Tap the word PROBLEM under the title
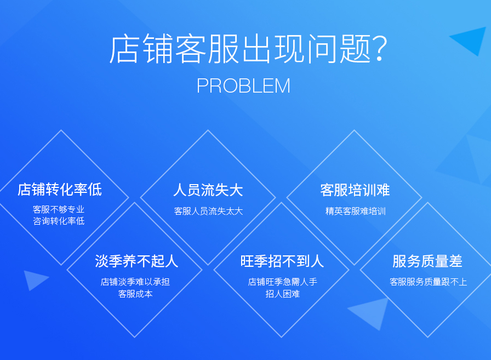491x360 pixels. click(x=243, y=86)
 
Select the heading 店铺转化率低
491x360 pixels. click(x=60, y=190)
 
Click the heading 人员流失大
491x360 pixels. click(x=208, y=190)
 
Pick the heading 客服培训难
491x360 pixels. click(x=355, y=190)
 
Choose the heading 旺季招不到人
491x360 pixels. click(x=282, y=261)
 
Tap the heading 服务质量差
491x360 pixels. click(x=427, y=261)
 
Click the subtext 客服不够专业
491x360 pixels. click(x=59, y=209)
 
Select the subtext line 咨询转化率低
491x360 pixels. click(x=59, y=221)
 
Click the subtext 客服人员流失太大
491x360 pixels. click(x=208, y=211)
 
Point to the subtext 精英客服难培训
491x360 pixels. click(x=356, y=211)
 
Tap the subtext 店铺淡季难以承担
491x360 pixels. click(x=135, y=282)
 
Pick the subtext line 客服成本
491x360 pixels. click(x=135, y=294)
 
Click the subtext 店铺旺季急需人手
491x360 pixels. click(x=282, y=282)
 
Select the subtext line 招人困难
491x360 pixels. click(x=282, y=294)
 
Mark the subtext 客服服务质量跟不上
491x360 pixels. click(x=428, y=282)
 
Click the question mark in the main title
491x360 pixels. click(x=379, y=49)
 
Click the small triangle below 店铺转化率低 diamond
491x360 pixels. click(x=34, y=279)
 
